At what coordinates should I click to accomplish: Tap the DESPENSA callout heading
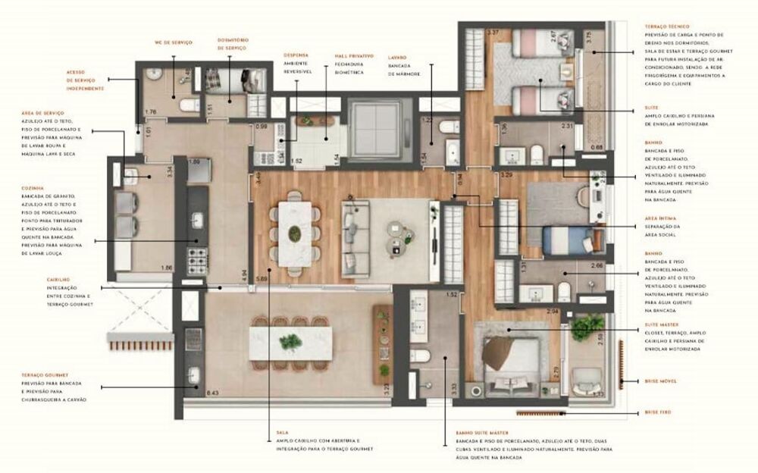(296, 55)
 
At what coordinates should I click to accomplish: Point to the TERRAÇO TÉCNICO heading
(667, 27)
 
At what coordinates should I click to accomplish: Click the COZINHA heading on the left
(33, 187)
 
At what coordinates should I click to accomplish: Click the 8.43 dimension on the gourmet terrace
(212, 393)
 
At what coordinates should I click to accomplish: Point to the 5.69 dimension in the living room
(262, 278)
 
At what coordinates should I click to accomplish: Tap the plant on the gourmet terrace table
(290, 343)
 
